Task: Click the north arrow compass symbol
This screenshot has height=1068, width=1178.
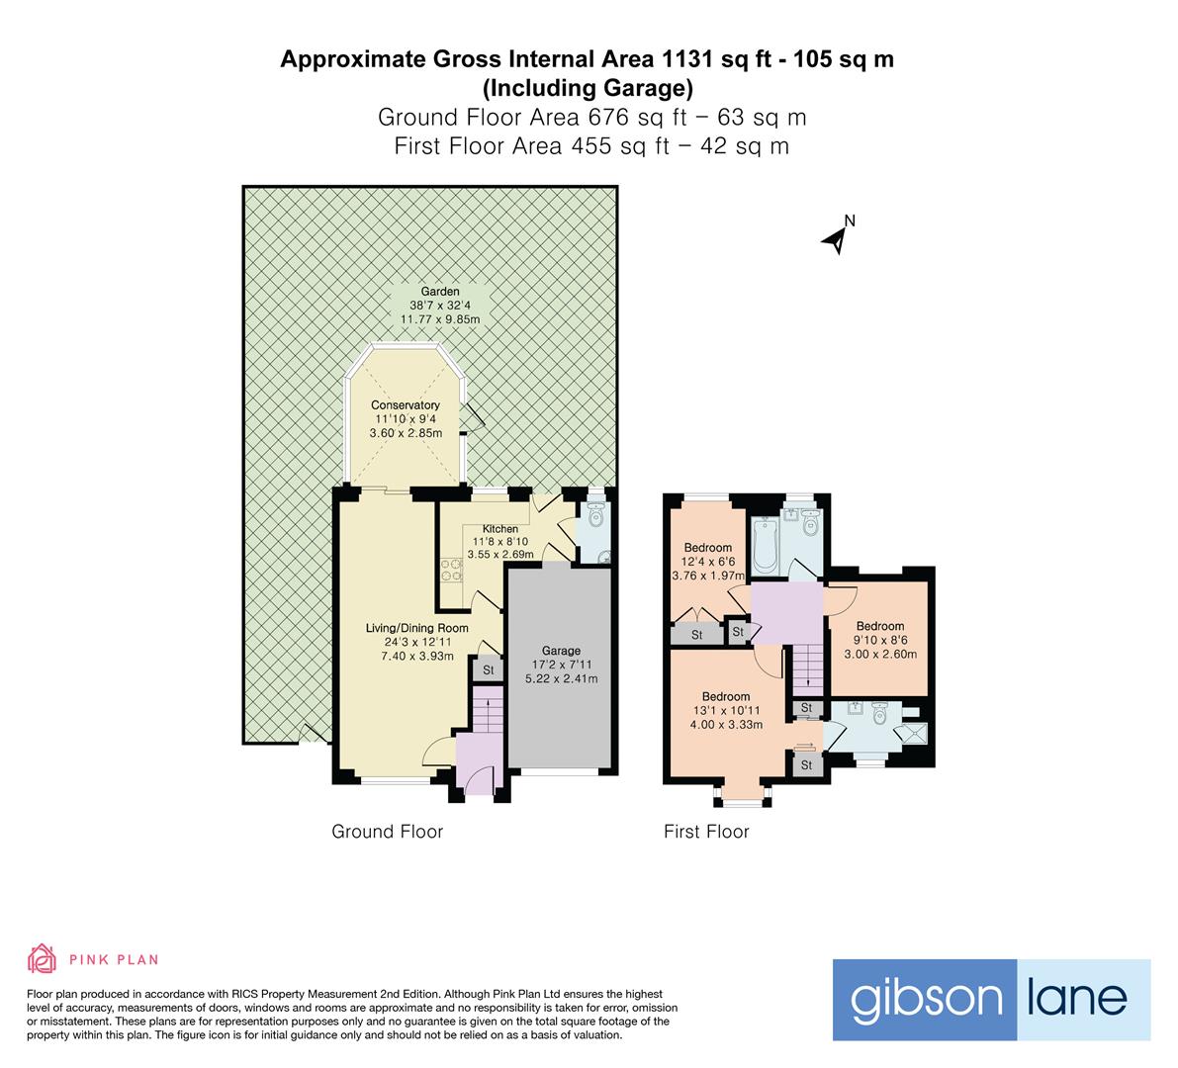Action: point(837,237)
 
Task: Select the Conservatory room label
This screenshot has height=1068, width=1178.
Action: point(405,405)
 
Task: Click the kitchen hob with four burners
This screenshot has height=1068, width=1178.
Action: point(451,570)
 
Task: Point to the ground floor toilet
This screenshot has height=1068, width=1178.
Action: point(594,517)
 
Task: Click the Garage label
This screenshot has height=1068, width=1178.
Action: point(561,651)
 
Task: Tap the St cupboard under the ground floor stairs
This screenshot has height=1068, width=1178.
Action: point(488,670)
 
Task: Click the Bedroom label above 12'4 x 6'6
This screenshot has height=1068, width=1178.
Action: point(708,548)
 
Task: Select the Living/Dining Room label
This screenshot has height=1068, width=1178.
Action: point(416,628)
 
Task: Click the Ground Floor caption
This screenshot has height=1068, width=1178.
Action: point(387,832)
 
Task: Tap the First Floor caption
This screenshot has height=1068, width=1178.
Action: point(706,832)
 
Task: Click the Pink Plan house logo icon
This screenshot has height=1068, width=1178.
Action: point(43,958)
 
